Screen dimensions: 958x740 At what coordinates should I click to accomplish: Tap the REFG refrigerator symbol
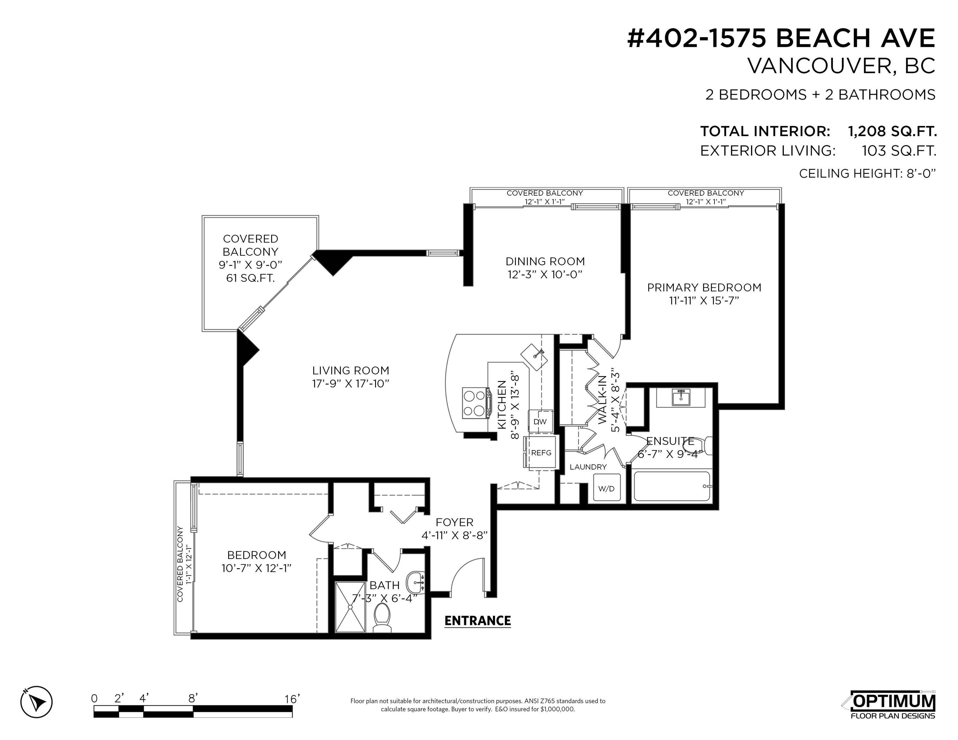(541, 453)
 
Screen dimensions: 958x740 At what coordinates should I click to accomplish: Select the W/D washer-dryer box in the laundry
(606, 488)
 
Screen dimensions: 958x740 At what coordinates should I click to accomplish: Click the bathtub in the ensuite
(672, 486)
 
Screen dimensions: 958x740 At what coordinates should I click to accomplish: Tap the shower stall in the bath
(350, 607)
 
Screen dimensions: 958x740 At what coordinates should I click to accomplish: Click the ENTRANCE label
(478, 620)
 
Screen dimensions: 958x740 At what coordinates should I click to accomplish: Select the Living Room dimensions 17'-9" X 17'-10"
(351, 383)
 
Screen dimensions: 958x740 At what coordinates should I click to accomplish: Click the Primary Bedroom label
(704, 287)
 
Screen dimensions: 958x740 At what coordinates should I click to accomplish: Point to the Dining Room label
(545, 261)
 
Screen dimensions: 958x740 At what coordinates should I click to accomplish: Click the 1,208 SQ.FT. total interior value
(892, 131)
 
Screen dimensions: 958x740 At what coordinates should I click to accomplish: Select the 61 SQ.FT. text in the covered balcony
(250, 278)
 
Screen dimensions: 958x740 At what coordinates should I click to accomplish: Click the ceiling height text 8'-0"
(921, 174)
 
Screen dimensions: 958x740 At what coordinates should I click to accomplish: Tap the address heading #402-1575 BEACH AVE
(781, 38)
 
